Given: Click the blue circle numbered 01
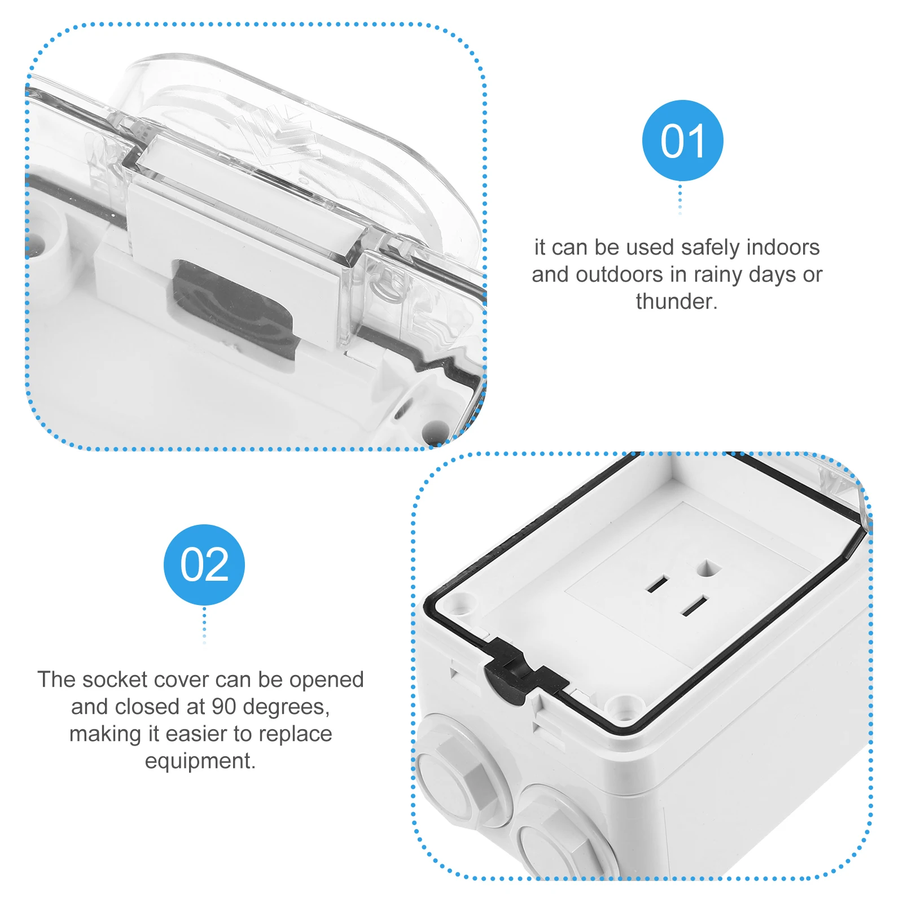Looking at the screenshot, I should (x=682, y=141).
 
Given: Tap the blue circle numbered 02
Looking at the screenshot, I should (x=204, y=564).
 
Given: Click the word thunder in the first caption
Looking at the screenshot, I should (x=676, y=301).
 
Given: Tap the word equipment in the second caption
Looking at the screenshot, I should (x=200, y=761).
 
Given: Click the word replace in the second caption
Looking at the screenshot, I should (x=295, y=734).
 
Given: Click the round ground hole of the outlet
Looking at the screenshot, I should (x=709, y=568).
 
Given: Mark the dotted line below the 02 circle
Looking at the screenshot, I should (x=204, y=625).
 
